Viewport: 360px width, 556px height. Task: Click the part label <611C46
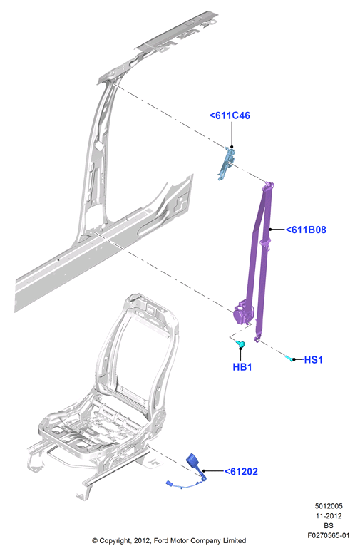(230, 115)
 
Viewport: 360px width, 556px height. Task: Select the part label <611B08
(306, 230)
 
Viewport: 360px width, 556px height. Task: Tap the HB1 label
(242, 367)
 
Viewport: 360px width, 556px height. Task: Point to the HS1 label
(314, 360)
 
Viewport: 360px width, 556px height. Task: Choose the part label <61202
(241, 472)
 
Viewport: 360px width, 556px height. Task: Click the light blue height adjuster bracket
(226, 163)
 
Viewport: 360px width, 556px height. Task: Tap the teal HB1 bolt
(240, 344)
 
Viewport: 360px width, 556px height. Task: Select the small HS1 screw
(289, 358)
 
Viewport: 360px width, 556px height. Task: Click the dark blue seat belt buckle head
(194, 461)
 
